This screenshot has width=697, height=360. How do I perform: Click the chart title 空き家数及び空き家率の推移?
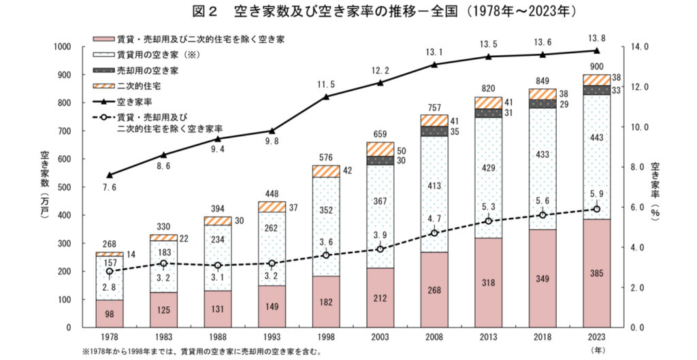click(347, 12)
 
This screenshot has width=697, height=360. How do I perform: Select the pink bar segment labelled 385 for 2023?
click(596, 273)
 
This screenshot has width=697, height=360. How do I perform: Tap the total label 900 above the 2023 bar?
click(596, 66)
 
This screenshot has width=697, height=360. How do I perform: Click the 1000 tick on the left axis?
click(63, 47)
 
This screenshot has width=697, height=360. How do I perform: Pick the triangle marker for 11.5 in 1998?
click(326, 97)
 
